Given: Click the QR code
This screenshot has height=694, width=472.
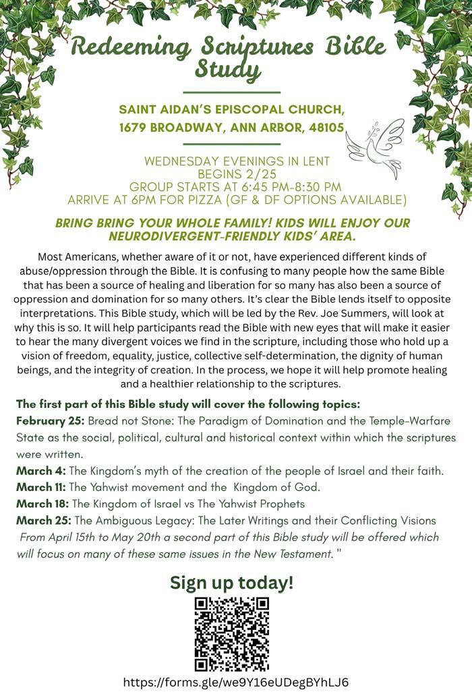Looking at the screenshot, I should pos(232,633).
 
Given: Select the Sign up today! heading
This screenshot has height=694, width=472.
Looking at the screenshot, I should pos(231,582).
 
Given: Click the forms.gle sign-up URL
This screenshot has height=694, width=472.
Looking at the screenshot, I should pos(235,681).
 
